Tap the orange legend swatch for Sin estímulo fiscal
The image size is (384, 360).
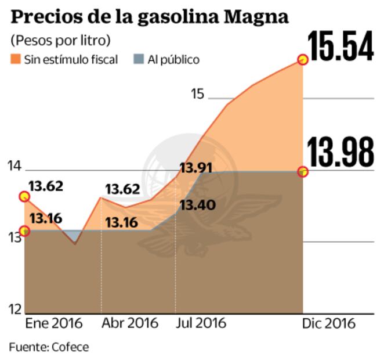point(16,59)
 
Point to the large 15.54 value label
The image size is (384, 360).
point(340,47)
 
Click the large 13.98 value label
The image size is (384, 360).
point(340,153)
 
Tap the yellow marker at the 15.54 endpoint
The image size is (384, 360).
point(302,59)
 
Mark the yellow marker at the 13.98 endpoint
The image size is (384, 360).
point(302,171)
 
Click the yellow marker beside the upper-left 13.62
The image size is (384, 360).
point(24,196)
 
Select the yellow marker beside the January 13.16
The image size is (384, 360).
point(24,231)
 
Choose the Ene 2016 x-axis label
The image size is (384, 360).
point(55,323)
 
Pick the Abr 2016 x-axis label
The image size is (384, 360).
point(129,323)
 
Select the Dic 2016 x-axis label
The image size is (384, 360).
point(328,323)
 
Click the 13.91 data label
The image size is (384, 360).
point(195,168)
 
